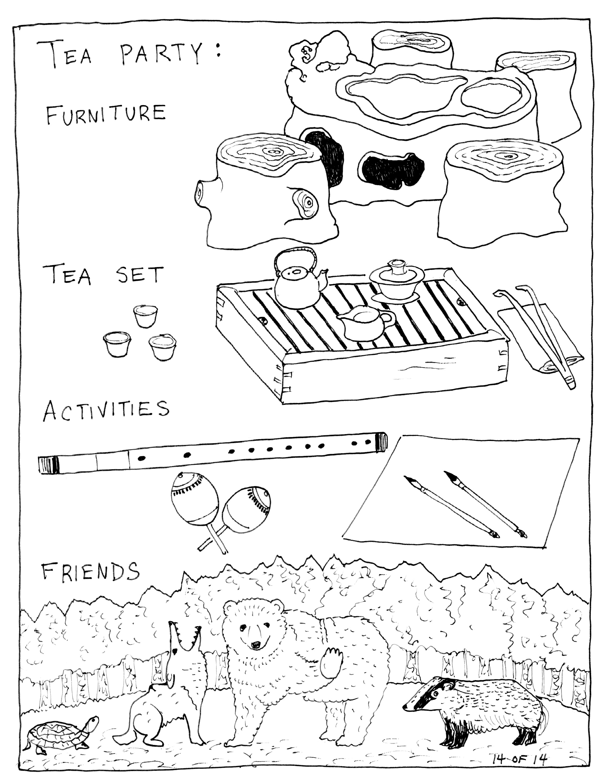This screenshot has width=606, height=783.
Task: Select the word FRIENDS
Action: pos(90,571)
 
